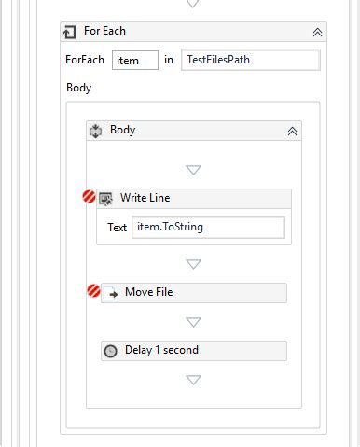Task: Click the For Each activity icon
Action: [x=70, y=32]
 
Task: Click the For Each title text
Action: [x=104, y=31]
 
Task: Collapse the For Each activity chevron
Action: [x=317, y=32]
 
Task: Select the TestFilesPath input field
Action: [x=250, y=61]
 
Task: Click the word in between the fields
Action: [x=169, y=61]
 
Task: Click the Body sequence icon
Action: [x=95, y=131]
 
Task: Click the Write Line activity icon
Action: [x=106, y=198]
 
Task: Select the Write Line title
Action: [x=145, y=198]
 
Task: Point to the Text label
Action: [x=117, y=228]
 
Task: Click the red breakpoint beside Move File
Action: [x=93, y=292]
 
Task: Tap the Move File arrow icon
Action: [x=110, y=293]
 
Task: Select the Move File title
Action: [x=148, y=293]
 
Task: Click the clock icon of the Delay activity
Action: [x=110, y=351]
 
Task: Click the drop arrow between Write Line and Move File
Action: [x=193, y=264]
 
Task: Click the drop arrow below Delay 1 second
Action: [x=193, y=380]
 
